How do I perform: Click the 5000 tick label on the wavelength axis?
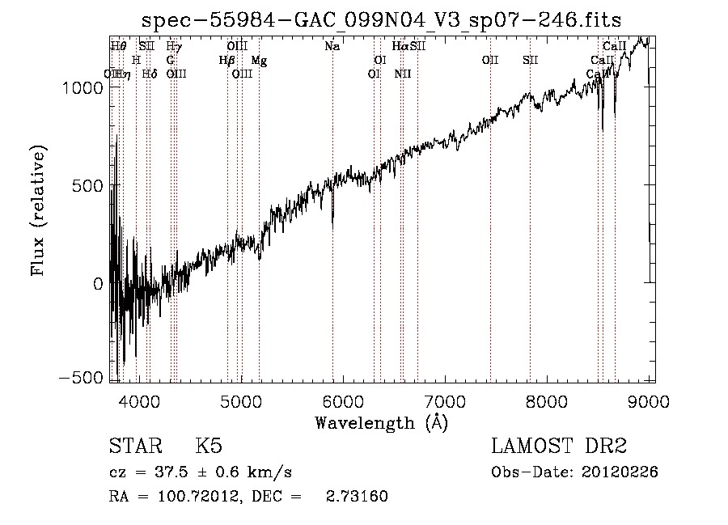(x=241, y=400)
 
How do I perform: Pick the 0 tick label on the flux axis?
(x=97, y=283)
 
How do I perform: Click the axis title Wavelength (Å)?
(x=381, y=422)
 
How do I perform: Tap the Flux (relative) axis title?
(x=38, y=210)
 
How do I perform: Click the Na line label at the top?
(x=332, y=47)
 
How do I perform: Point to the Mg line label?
(x=258, y=61)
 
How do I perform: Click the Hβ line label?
(x=226, y=61)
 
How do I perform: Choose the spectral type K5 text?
(x=209, y=447)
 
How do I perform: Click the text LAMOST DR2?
(x=559, y=447)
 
